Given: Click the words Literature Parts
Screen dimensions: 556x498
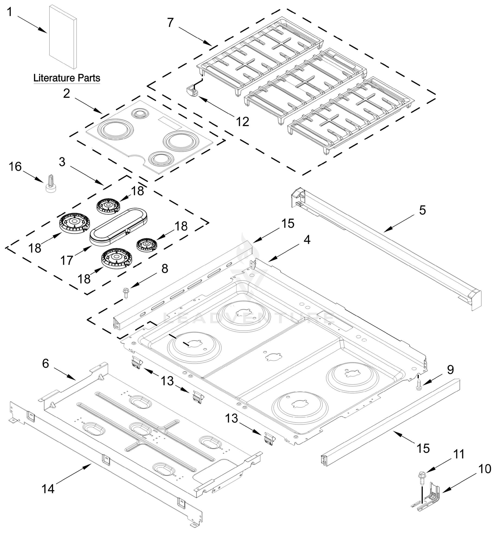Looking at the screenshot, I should [67, 78].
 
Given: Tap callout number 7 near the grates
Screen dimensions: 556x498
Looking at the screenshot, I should [170, 23].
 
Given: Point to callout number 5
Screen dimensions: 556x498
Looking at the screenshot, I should [422, 210].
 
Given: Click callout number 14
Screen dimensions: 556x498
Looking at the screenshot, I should [48, 489].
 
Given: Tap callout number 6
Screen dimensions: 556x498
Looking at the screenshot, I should [45, 363].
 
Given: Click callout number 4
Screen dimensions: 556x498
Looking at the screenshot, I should [307, 240].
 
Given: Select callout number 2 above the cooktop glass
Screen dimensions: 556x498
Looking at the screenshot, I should [67, 94].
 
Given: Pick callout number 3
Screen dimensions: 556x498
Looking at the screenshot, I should [62, 162].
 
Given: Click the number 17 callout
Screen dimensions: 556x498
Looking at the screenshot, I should [67, 260].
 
